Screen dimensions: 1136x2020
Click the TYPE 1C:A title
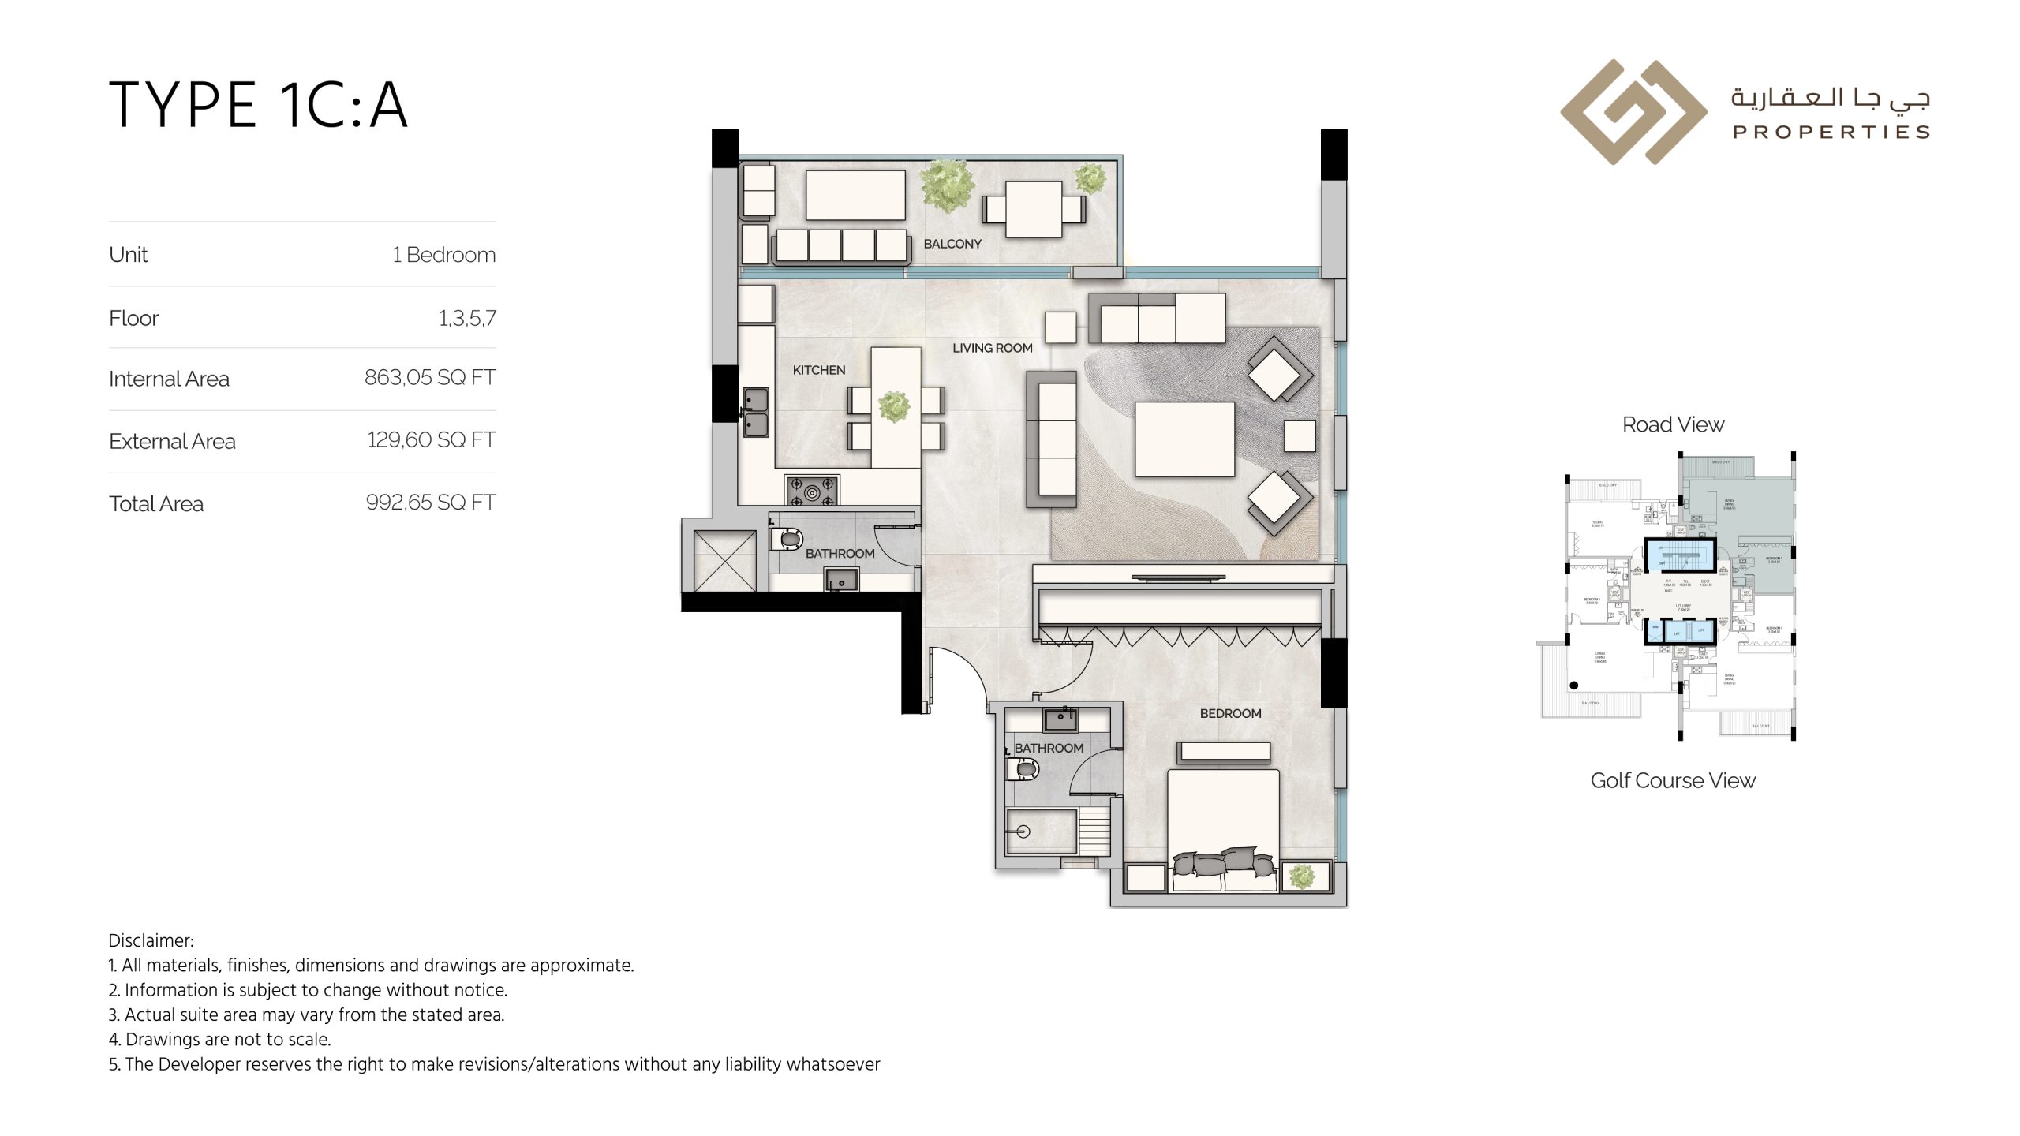258,105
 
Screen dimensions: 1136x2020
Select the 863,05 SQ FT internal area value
430,377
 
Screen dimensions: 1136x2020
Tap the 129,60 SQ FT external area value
431,439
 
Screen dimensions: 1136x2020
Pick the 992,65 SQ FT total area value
431,502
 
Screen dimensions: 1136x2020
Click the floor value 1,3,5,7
467,318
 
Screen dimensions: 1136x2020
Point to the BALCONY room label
952,244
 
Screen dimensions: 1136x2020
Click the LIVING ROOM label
992,348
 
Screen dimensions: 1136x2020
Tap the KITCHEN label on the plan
818,370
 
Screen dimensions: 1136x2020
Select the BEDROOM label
1230,713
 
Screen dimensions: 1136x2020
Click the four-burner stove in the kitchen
811,490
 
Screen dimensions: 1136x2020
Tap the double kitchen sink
756,413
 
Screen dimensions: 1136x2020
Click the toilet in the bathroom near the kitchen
787,540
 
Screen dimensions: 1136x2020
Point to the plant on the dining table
894,406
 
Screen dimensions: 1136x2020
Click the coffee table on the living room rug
1184,439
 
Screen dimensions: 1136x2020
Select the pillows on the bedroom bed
1222,861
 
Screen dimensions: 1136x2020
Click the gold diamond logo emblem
1633,112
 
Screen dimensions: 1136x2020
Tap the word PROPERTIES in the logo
1831,132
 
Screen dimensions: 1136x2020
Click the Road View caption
1673,424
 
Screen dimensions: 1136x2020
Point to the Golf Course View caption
1673,780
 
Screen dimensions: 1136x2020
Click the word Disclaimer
150,940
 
